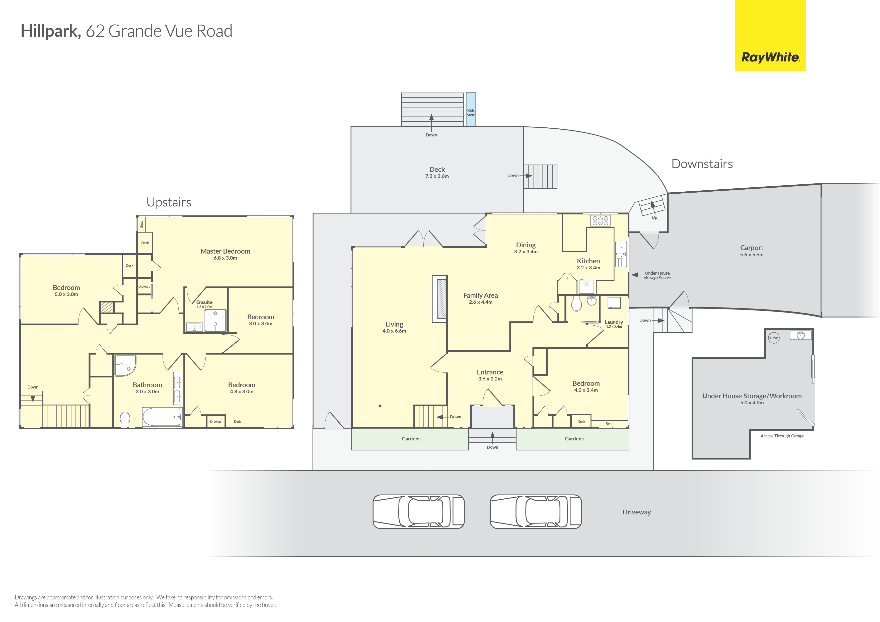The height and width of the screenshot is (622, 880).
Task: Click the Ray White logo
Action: click(770, 35)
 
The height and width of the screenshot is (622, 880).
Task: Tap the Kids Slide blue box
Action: click(471, 110)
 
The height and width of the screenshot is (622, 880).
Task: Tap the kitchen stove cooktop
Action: click(600, 221)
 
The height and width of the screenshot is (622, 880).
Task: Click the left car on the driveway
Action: click(418, 512)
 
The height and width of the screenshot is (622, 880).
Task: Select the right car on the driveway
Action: click(536, 512)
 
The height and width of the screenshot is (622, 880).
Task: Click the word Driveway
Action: click(637, 512)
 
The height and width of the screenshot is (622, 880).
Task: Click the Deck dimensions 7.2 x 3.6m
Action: click(437, 176)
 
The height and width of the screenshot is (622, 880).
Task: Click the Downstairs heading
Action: click(702, 164)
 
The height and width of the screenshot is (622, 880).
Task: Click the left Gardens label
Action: click(411, 439)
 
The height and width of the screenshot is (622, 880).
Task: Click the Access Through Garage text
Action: click(782, 436)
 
